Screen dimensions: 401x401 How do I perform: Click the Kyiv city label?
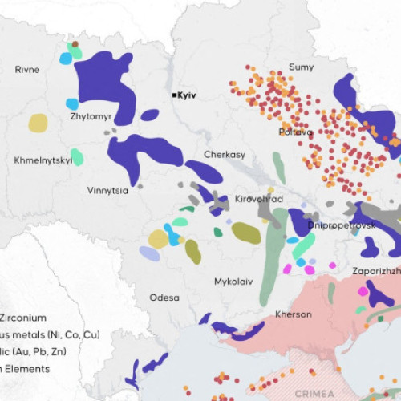pyautogui.click(x=187, y=95)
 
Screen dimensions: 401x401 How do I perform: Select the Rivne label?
pyautogui.click(x=26, y=70)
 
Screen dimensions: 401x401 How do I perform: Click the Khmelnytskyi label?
pyautogui.click(x=43, y=160)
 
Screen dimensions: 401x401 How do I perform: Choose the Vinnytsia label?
pyautogui.click(x=107, y=191)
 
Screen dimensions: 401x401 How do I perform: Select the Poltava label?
pyautogui.click(x=295, y=132)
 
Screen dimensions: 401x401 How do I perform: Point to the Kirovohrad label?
pyautogui.click(x=259, y=198)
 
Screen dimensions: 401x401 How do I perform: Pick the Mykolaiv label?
pyautogui.click(x=233, y=282)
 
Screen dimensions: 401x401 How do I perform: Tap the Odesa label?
pyautogui.click(x=164, y=298)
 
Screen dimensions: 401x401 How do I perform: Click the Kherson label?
pyautogui.click(x=293, y=314)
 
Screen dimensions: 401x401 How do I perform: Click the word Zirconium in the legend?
pyautogui.click(x=23, y=318)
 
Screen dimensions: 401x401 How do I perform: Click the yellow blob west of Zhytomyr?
pyautogui.click(x=38, y=123)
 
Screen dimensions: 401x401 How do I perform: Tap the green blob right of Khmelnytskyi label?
pyautogui.click(x=77, y=156)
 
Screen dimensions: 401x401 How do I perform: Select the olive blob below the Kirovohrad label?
pyautogui.click(x=246, y=233)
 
